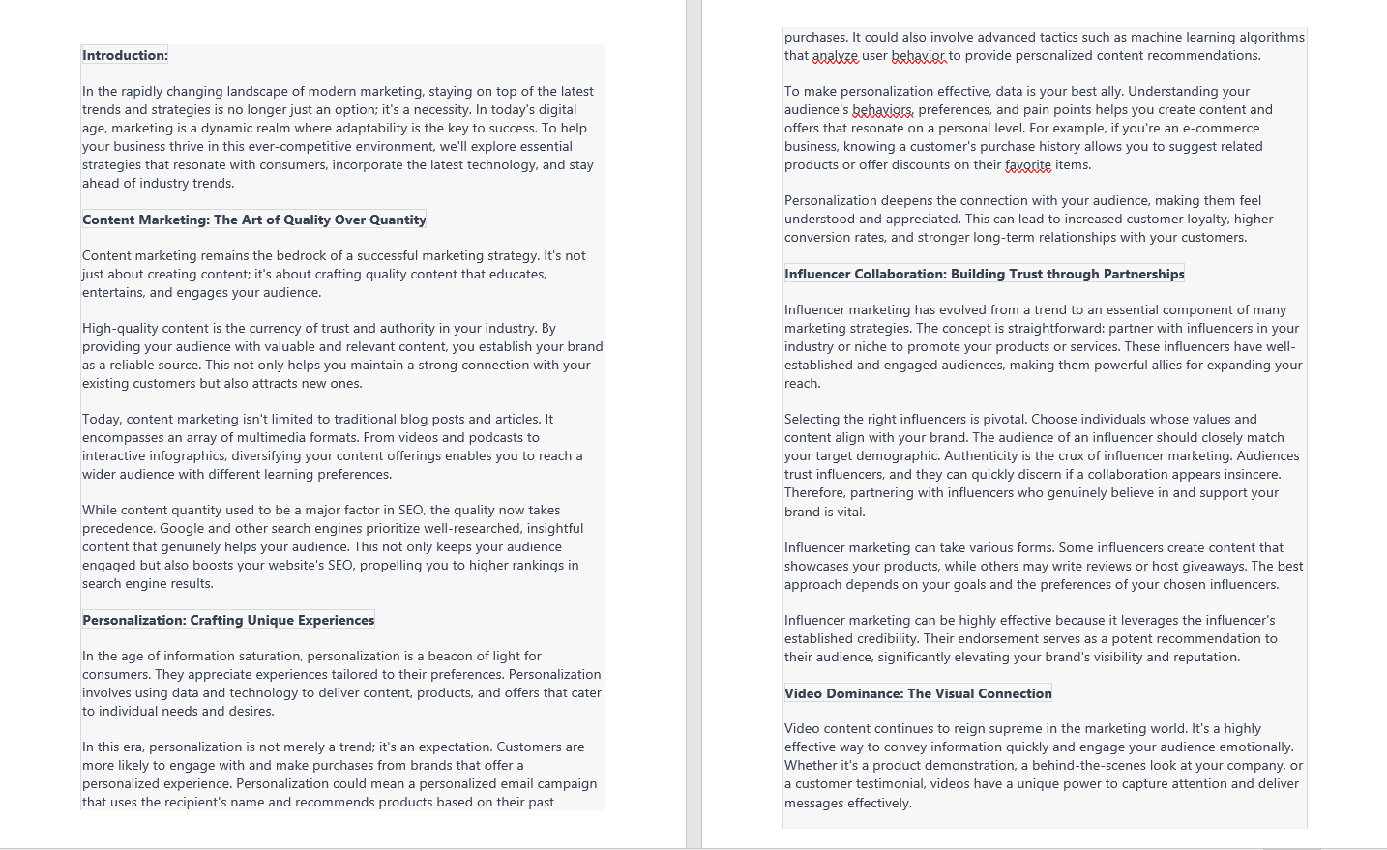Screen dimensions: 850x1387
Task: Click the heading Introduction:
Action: pos(125,56)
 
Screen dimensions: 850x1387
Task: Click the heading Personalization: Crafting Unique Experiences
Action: pos(228,621)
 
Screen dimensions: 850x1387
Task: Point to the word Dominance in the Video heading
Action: pos(870,694)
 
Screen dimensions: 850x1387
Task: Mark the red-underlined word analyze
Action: pos(835,56)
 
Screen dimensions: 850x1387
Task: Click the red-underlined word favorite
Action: pos(1027,165)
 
